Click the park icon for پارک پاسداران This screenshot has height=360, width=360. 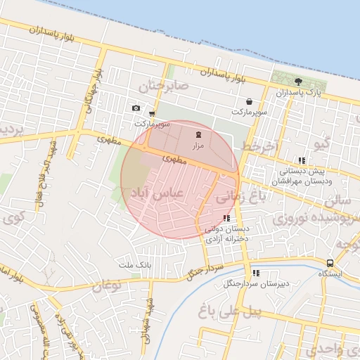(x=298, y=82)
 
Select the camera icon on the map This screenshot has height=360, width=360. (x=136, y=108)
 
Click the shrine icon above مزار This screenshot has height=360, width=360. (x=198, y=134)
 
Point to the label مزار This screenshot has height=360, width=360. (x=198, y=145)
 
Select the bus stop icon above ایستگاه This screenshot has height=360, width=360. (x=330, y=263)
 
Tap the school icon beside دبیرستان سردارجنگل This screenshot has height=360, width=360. (x=256, y=273)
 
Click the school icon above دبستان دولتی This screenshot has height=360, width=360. (x=225, y=219)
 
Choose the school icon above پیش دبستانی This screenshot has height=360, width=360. (x=302, y=160)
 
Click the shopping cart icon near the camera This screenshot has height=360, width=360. (x=152, y=113)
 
